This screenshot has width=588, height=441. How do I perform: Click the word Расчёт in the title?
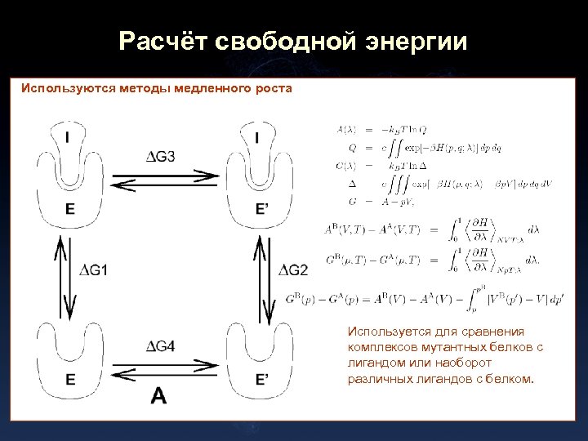(163, 41)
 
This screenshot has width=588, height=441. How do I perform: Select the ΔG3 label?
(161, 157)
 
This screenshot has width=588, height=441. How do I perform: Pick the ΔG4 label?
(160, 346)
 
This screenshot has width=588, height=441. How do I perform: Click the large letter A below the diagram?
(159, 396)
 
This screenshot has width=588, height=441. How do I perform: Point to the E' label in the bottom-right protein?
(262, 379)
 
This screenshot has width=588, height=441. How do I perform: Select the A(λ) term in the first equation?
(346, 129)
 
